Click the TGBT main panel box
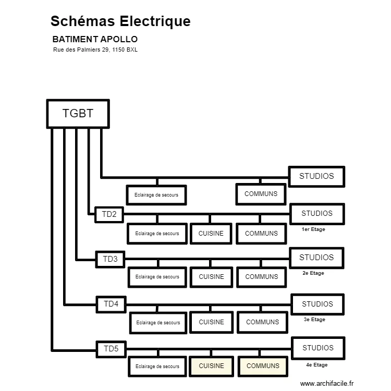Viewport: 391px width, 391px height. click(x=78, y=114)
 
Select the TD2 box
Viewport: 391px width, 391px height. click(x=109, y=214)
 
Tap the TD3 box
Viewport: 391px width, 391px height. click(x=110, y=259)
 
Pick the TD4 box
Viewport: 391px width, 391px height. click(x=111, y=304)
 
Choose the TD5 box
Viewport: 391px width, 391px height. click(x=111, y=349)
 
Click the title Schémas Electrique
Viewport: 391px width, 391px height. click(x=120, y=21)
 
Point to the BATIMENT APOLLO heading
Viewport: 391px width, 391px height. click(x=95, y=39)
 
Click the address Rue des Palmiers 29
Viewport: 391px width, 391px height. click(x=95, y=50)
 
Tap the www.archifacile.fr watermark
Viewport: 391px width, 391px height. click(x=327, y=383)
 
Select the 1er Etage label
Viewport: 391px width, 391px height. click(x=313, y=229)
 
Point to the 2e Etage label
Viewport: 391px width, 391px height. click(x=313, y=273)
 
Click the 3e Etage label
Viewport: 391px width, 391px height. click(x=314, y=320)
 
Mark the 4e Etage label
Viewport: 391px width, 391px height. click(x=316, y=365)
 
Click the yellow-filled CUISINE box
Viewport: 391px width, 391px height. click(x=211, y=366)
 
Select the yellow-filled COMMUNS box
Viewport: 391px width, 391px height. click(x=263, y=366)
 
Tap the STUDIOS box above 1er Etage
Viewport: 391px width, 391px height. click(x=316, y=213)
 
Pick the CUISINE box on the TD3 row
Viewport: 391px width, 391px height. click(x=211, y=277)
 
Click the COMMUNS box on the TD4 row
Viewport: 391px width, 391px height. click(x=262, y=322)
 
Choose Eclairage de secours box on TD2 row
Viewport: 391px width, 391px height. click(x=157, y=234)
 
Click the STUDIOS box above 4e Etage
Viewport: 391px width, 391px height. click(x=317, y=348)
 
